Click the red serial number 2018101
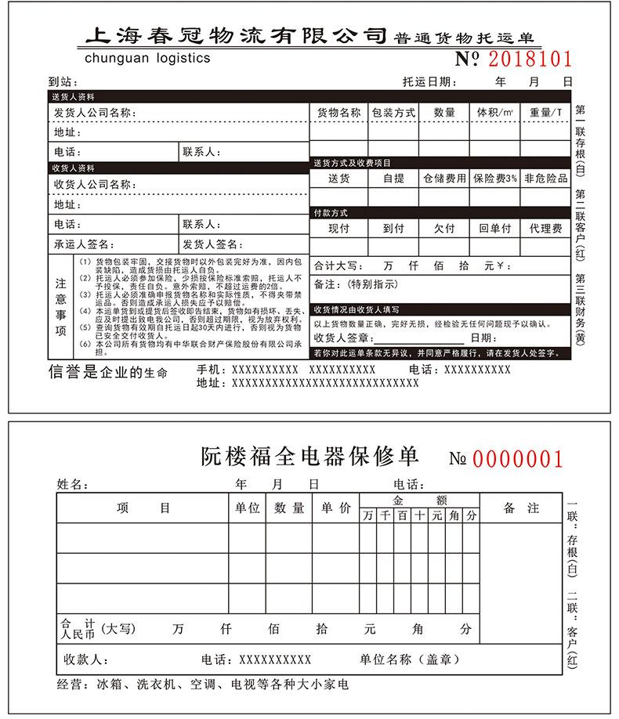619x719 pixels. (530, 59)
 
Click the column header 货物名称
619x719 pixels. (338, 113)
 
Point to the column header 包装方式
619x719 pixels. (393, 113)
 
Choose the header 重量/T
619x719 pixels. (546, 113)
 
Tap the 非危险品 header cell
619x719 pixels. (546, 179)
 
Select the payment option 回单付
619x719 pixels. (495, 229)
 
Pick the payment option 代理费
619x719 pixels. (546, 229)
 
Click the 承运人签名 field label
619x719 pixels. (85, 244)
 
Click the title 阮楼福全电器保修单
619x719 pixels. (309, 457)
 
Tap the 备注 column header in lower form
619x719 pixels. (522, 508)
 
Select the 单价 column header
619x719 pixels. (335, 508)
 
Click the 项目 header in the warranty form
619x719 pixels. (143, 508)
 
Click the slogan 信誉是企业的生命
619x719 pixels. (108, 372)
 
